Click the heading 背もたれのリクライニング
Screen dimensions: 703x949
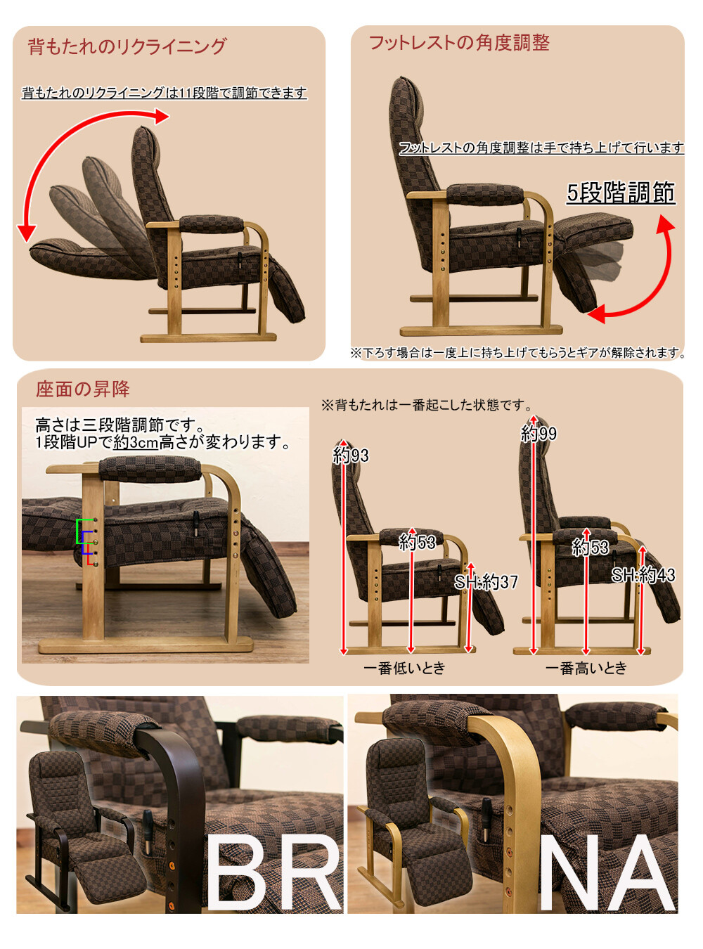tap(127, 46)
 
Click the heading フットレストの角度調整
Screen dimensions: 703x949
tap(459, 43)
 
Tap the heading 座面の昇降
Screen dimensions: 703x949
tap(82, 389)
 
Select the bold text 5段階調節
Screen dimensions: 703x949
tap(621, 193)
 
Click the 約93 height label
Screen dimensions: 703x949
tap(351, 456)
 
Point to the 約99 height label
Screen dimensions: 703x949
tap(538, 434)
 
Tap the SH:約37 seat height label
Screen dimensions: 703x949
tap(486, 582)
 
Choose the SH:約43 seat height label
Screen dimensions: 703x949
tap(643, 576)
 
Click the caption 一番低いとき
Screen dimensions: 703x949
tap(404, 668)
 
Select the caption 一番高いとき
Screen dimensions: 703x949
tap(586, 668)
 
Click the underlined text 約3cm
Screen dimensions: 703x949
tap(136, 442)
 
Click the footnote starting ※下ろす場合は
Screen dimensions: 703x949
tap(518, 353)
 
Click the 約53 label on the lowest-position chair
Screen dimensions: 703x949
tap(417, 543)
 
